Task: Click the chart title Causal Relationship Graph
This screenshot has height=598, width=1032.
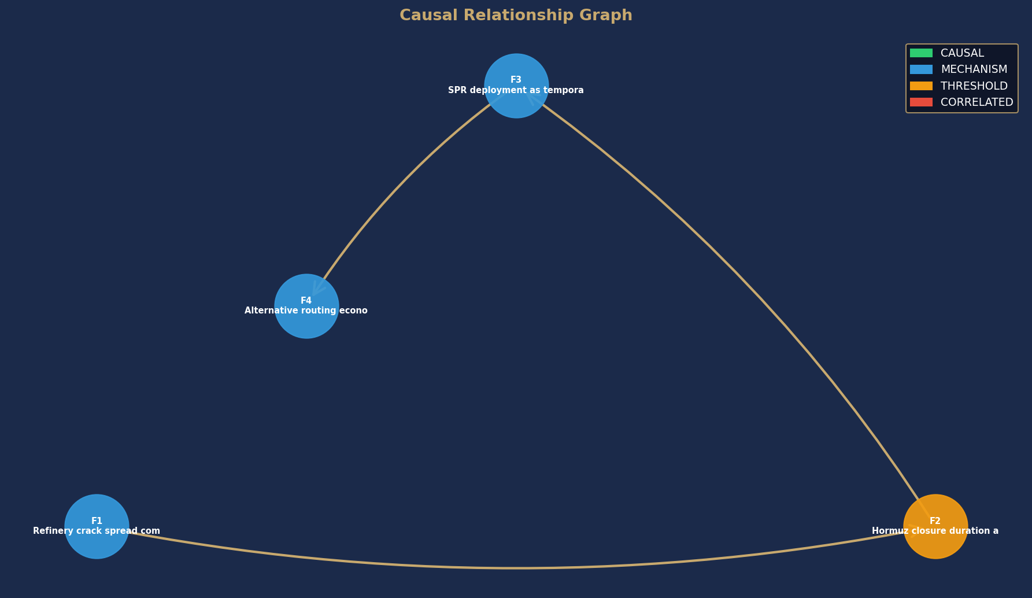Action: click(x=516, y=16)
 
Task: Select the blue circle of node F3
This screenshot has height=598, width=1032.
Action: click(x=516, y=86)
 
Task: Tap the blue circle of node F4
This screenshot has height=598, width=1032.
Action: click(x=306, y=306)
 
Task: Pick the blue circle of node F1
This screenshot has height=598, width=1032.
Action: click(x=97, y=526)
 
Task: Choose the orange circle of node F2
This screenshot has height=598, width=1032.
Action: click(x=935, y=526)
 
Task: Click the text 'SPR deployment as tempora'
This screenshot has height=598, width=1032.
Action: click(x=516, y=90)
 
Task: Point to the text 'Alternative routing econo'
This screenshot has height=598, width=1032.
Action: click(x=306, y=311)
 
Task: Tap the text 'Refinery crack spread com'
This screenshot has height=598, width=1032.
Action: click(x=97, y=531)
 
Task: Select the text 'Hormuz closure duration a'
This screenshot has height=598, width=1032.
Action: click(x=935, y=531)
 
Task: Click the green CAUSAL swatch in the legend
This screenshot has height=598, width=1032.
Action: click(x=921, y=53)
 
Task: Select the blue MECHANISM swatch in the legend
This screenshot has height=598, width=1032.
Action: click(x=921, y=69)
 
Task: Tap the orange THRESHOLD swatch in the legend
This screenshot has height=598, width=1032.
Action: click(x=921, y=86)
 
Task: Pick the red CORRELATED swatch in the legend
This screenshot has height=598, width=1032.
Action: click(x=921, y=102)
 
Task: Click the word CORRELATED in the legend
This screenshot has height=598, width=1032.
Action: click(x=977, y=102)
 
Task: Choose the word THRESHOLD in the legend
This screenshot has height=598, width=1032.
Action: click(x=974, y=86)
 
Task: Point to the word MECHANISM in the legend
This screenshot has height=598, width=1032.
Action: click(x=974, y=69)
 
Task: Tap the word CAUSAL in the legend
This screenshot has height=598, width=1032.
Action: click(x=962, y=53)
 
